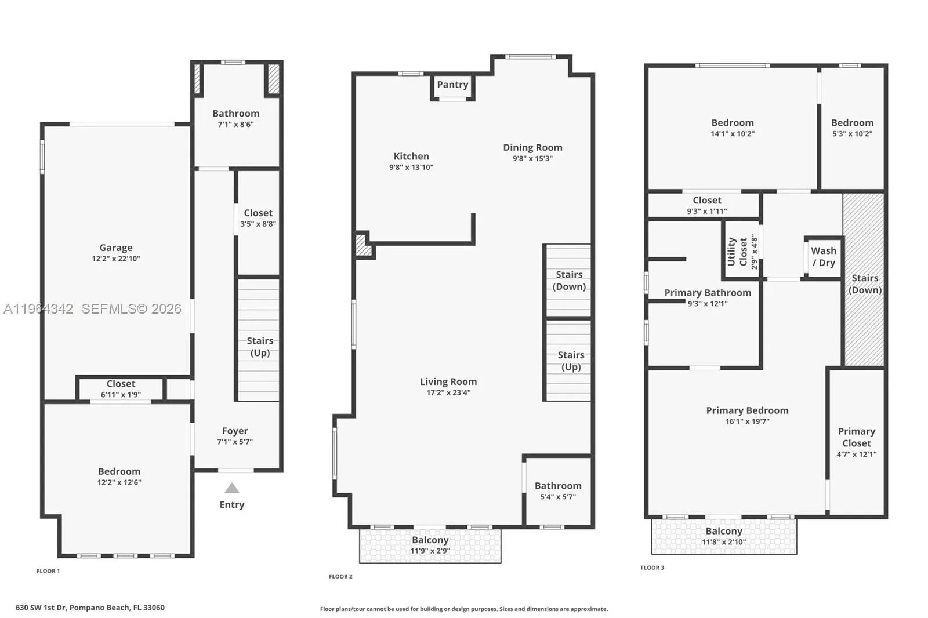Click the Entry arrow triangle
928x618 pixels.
(x=232, y=488)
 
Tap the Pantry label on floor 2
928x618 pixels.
(x=452, y=85)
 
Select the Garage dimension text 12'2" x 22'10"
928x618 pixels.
(x=116, y=259)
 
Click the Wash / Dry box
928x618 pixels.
(x=824, y=257)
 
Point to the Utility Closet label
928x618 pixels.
(x=737, y=252)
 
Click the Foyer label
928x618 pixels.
(x=235, y=431)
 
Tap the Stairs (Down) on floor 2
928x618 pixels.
(x=568, y=281)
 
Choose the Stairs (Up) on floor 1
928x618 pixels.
(x=259, y=347)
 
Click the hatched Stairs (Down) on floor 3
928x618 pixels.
(x=864, y=284)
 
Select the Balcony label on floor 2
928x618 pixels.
(x=430, y=540)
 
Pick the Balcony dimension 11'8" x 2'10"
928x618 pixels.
(x=724, y=542)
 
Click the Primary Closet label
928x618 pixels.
(x=857, y=437)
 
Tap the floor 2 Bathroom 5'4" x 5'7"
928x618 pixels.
(x=558, y=490)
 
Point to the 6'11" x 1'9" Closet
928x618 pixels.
(x=121, y=388)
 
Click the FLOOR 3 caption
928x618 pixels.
(x=652, y=568)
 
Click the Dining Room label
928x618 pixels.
(x=532, y=147)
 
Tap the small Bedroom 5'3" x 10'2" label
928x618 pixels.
(x=852, y=123)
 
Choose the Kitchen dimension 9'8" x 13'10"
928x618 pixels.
(x=411, y=167)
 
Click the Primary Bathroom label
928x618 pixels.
(x=708, y=293)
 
